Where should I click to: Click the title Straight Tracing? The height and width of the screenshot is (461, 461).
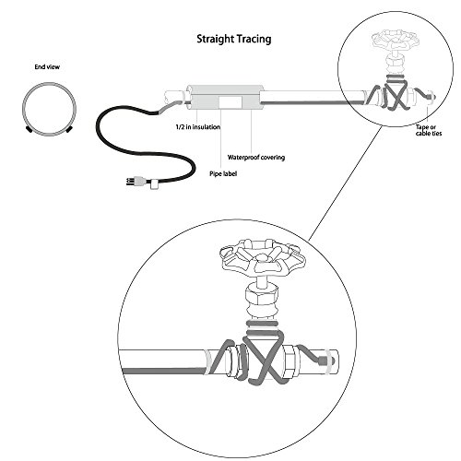[x=234, y=39]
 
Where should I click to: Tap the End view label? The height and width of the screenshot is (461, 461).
[x=47, y=66]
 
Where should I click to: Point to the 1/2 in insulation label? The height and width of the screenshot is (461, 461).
[x=198, y=126]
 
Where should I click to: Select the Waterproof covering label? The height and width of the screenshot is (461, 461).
[x=256, y=158]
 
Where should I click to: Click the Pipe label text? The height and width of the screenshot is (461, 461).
[x=223, y=173]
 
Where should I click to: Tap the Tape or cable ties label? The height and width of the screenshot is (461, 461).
[x=429, y=130]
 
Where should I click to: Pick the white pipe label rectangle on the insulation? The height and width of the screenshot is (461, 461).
[x=230, y=101]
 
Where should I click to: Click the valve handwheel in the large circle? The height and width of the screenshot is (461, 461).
[x=262, y=257]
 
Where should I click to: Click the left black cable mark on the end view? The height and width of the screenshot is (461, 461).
[x=30, y=129]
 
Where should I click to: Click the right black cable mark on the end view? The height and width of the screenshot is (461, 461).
[x=69, y=129]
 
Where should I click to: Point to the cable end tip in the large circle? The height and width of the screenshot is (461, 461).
[x=323, y=360]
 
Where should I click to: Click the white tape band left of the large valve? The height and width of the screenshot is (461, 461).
[x=208, y=362]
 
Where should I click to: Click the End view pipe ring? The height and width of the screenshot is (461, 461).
[x=49, y=83]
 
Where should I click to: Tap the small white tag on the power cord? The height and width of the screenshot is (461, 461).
[x=153, y=185]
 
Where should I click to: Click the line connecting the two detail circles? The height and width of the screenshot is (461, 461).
[x=345, y=183]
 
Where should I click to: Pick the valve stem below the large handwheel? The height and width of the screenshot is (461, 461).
[x=262, y=280]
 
